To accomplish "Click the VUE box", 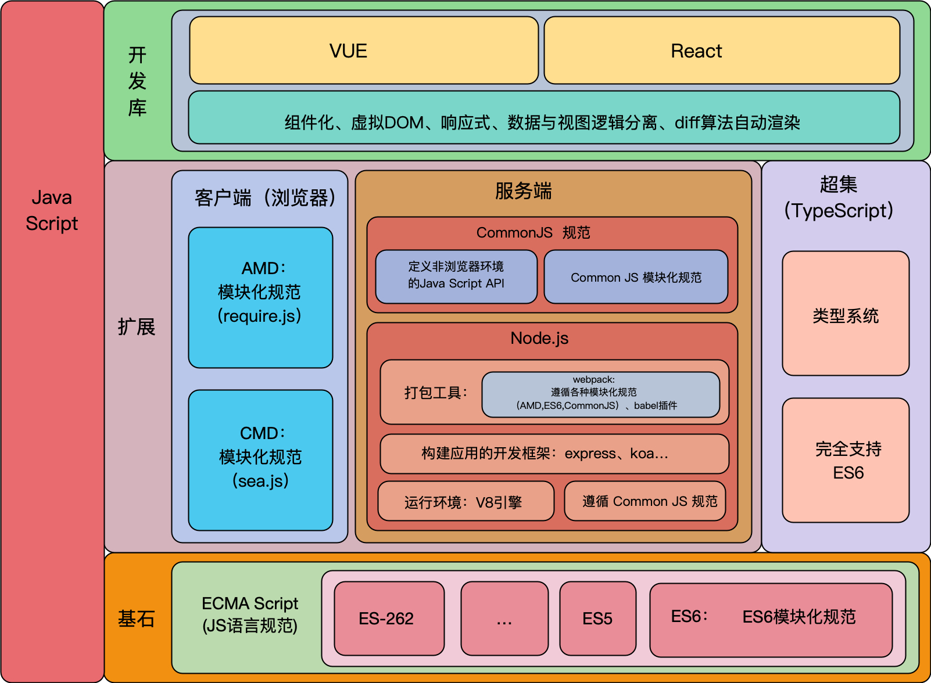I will (x=364, y=51).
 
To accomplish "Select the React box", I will (x=721, y=51).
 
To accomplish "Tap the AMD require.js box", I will (x=260, y=297).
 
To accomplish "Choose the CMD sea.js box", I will (x=260, y=460).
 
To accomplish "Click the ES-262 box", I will (x=389, y=619).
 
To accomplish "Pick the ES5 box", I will (x=597, y=619).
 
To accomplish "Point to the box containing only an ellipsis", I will (x=504, y=619).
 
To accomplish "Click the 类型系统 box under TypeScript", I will (x=846, y=314).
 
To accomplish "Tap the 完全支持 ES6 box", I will (x=846, y=460).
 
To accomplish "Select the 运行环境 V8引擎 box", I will (x=465, y=501).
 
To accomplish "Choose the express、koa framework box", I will (x=554, y=454).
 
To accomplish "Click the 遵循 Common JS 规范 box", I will (x=645, y=501).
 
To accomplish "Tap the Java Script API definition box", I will (x=456, y=277).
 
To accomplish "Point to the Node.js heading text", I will (x=539, y=338).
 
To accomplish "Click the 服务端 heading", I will (x=523, y=191).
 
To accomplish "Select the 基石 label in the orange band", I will (x=137, y=619).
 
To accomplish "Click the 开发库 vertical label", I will (x=137, y=82).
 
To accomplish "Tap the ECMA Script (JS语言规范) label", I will (x=250, y=614).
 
